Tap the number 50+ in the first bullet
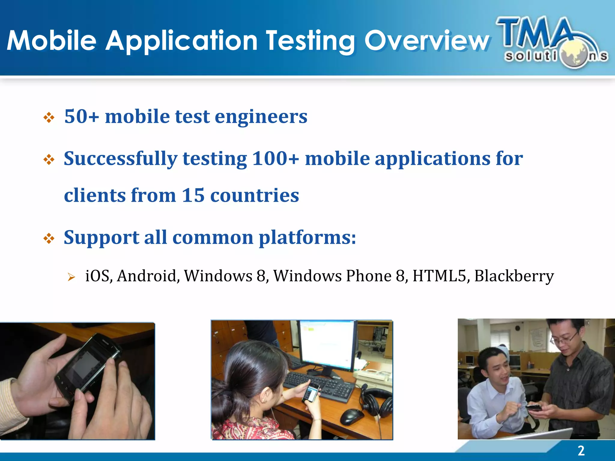coord(81,116)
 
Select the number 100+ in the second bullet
coord(275,158)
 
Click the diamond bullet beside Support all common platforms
coord(49,239)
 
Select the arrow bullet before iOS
coord(71,277)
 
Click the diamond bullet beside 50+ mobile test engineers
coord(49,118)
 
